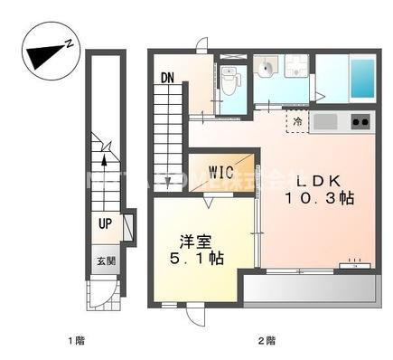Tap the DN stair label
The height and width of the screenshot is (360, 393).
(x=168, y=78)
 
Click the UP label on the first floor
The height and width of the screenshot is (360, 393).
(x=107, y=221)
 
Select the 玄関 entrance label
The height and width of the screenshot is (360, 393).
(x=107, y=261)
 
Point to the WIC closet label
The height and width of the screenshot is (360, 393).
(x=222, y=171)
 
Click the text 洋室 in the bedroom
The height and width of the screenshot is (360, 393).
(x=192, y=241)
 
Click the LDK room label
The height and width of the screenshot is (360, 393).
(x=319, y=179)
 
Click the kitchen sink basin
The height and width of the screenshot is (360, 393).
(x=325, y=120)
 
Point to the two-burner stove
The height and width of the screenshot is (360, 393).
(x=359, y=120)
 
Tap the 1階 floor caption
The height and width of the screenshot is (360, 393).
(x=77, y=341)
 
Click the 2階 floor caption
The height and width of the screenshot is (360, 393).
(x=266, y=341)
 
